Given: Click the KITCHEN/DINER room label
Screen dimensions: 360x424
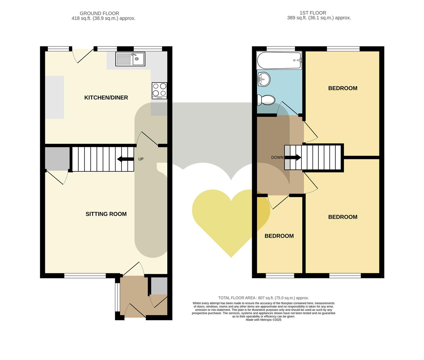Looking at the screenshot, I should [106, 98].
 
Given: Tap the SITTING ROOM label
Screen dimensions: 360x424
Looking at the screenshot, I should [106, 214].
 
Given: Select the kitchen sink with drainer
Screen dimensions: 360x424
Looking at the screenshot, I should [130, 59].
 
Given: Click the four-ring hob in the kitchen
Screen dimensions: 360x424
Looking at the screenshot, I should [159, 90].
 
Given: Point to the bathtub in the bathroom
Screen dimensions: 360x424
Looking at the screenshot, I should [279, 60].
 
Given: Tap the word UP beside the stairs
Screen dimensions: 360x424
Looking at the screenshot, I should [141, 159].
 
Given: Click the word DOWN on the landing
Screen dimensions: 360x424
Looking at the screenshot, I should [277, 157].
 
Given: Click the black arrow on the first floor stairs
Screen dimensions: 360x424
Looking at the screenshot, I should [293, 157].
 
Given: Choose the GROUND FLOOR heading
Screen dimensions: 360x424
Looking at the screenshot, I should [104, 13].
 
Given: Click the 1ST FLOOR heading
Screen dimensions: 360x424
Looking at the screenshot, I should [313, 13].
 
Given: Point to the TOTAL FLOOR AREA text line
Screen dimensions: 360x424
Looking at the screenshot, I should [263, 298].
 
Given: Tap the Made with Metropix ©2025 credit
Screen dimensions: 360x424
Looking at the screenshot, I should [263, 320].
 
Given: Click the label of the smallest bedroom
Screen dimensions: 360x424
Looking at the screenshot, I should [279, 236].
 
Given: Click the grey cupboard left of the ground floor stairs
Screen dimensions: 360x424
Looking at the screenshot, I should [57, 158].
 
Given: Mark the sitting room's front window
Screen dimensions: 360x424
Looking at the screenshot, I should [85, 276].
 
